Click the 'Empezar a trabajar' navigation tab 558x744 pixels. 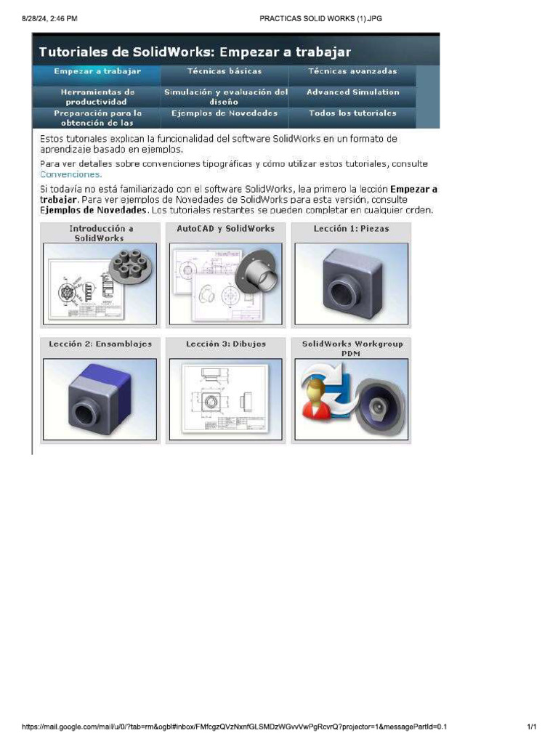(97, 72)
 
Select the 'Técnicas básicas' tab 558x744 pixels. (225, 72)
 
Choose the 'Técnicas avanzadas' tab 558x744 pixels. (352, 72)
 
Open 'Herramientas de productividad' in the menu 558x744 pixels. (97, 97)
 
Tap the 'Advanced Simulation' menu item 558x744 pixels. (352, 92)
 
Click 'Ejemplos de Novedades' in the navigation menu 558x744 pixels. (225, 113)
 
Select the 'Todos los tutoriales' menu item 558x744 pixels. (352, 113)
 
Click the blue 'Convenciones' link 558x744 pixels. (71, 174)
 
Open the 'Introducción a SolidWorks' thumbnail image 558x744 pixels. (100, 283)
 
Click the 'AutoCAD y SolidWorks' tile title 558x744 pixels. (226, 228)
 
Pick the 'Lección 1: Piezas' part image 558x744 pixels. (351, 283)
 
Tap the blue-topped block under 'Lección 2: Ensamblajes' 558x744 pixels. (100, 399)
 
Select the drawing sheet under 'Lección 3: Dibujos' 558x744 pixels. (226, 399)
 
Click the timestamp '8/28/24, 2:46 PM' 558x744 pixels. (49, 18)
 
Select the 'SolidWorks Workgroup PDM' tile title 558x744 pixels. (352, 349)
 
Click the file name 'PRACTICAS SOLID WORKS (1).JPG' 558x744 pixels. (320, 18)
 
